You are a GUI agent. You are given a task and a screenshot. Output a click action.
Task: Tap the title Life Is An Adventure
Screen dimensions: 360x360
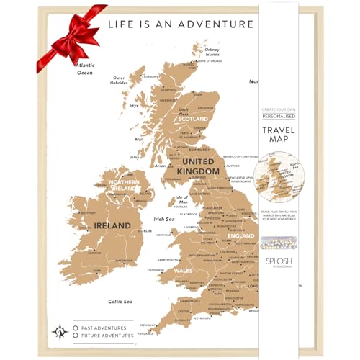click(x=181, y=23)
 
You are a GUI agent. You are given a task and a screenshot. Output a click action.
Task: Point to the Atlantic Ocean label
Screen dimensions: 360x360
click(x=85, y=69)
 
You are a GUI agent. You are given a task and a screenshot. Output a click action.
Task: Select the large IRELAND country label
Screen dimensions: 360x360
click(x=112, y=225)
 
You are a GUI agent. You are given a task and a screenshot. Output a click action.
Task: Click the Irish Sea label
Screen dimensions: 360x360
click(x=165, y=220)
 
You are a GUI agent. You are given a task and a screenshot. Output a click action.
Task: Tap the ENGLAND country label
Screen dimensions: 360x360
click(x=240, y=236)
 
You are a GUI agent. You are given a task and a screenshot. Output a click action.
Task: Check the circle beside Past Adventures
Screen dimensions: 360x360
click(x=76, y=326)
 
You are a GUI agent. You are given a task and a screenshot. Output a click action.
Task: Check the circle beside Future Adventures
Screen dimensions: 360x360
click(x=76, y=335)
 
